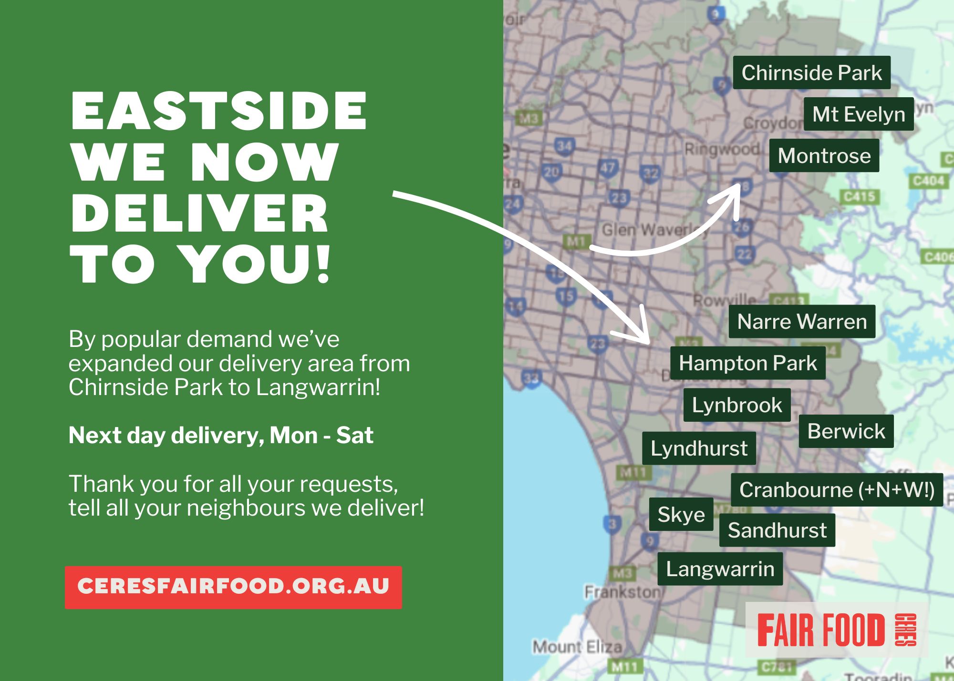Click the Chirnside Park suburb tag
pos(811,72)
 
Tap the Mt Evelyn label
pos(859,114)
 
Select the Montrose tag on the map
pos(824,156)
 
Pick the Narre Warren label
pos(802,322)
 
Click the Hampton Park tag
pos(747,363)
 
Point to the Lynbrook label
pos(737,405)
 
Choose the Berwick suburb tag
pos(846,431)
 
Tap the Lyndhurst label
pos(699,448)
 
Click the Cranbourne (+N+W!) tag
pos(837,490)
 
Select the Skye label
pos(681,515)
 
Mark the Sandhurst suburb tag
pos(777,530)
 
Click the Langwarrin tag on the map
pos(720,569)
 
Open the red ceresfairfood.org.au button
pos(233,587)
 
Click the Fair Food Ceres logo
pos(836,630)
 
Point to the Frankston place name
pos(623,592)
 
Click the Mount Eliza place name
pos(577,647)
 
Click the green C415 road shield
pos(859,196)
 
